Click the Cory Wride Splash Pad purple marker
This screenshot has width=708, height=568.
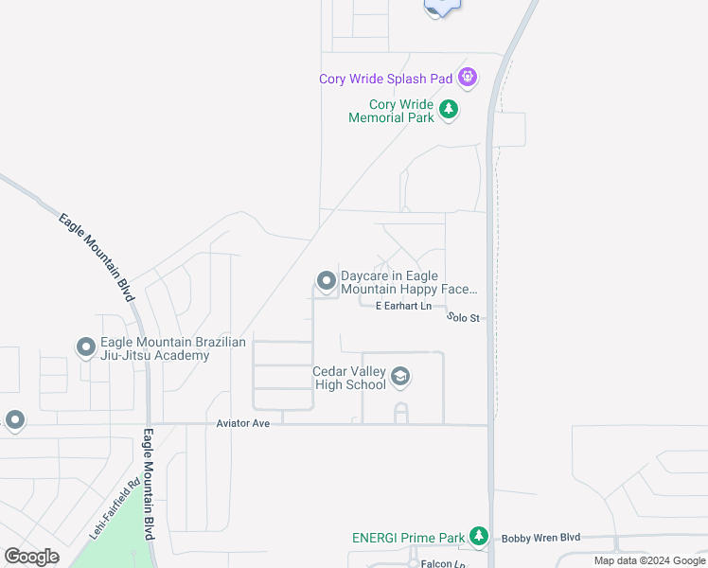467,77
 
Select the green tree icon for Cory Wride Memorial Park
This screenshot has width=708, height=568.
449,111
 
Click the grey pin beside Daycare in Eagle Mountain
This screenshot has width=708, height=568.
327,280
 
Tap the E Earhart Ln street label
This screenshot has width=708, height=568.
403,306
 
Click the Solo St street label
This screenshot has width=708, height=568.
463,317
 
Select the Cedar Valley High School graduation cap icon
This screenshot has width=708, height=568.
400,378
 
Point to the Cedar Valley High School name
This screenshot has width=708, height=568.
349,378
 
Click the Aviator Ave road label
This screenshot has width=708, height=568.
243,423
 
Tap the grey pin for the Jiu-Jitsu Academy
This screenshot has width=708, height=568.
85,347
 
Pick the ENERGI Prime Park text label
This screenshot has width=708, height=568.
408,538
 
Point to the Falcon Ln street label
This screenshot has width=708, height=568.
443,563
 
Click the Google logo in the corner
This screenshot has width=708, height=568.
31,556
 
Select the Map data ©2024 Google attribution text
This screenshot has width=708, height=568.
649,560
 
